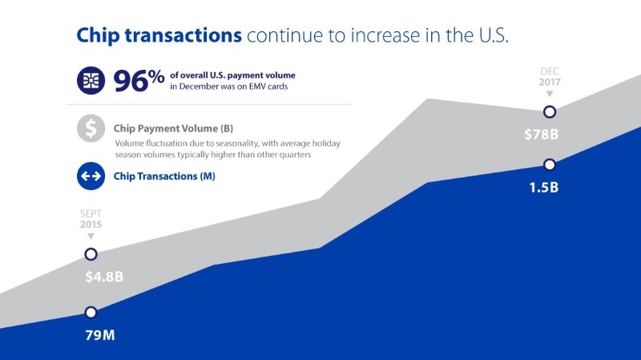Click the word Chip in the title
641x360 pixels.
(x=98, y=35)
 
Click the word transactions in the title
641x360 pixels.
(x=183, y=35)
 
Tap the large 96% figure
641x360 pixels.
(x=139, y=80)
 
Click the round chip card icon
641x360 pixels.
(x=91, y=81)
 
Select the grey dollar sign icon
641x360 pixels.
(x=91, y=128)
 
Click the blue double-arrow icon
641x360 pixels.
(x=91, y=176)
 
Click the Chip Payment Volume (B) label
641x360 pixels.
(x=173, y=128)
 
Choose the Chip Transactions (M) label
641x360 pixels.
(x=164, y=176)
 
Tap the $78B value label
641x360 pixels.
(x=542, y=134)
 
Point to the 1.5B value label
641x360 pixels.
(x=544, y=188)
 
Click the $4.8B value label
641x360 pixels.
(x=104, y=277)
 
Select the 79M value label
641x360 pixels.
(x=100, y=335)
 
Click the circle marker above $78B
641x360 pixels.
(x=550, y=111)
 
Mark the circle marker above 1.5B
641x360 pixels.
(x=550, y=164)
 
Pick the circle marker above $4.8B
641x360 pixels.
(x=91, y=254)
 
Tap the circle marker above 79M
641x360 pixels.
(x=91, y=313)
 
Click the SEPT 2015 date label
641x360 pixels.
(x=91, y=219)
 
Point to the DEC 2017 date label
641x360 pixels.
(x=550, y=77)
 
